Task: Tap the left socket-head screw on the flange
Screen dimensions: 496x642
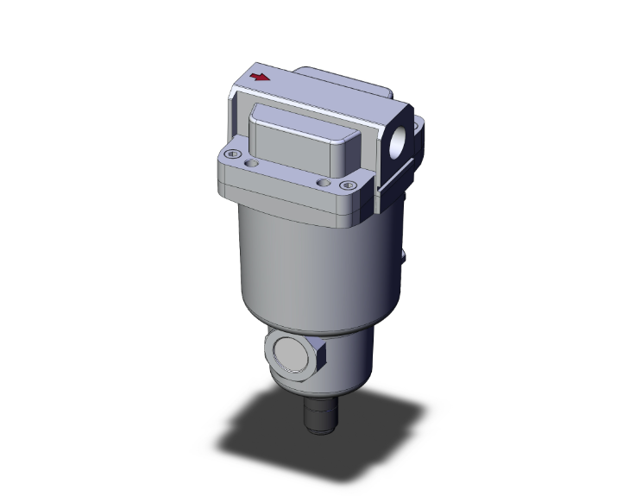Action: coord(231,154)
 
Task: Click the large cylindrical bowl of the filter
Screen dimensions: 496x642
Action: coord(311,259)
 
